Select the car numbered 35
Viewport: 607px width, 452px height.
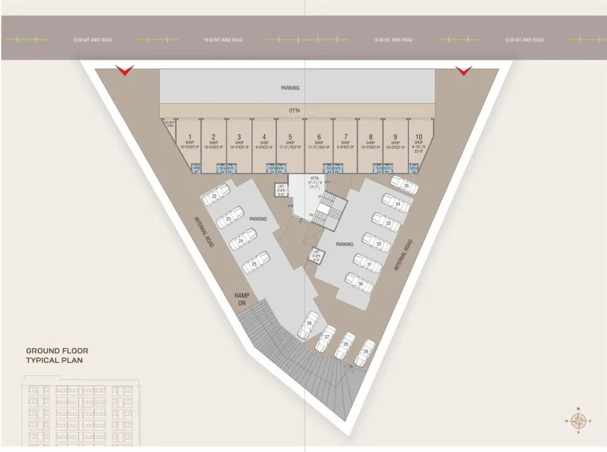pyautogui.click(x=404, y=184)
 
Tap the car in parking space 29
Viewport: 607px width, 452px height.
pyautogui.click(x=365, y=353)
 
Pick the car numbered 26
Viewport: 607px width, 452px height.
pyautogui.click(x=308, y=325)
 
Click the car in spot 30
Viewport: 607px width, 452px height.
pyautogui.click(x=359, y=283)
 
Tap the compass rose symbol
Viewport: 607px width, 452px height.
pyautogui.click(x=578, y=421)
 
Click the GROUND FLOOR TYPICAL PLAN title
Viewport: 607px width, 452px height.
pyautogui.click(x=57, y=355)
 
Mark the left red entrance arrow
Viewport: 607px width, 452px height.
pyautogui.click(x=125, y=70)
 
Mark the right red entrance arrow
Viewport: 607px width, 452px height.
pyautogui.click(x=463, y=70)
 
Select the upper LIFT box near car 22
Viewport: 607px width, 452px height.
pyautogui.click(x=281, y=190)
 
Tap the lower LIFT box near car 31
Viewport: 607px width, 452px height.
pyautogui.click(x=317, y=255)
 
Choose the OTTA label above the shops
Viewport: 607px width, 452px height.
pyautogui.click(x=294, y=111)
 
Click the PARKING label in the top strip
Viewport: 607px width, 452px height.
pyautogui.click(x=290, y=88)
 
